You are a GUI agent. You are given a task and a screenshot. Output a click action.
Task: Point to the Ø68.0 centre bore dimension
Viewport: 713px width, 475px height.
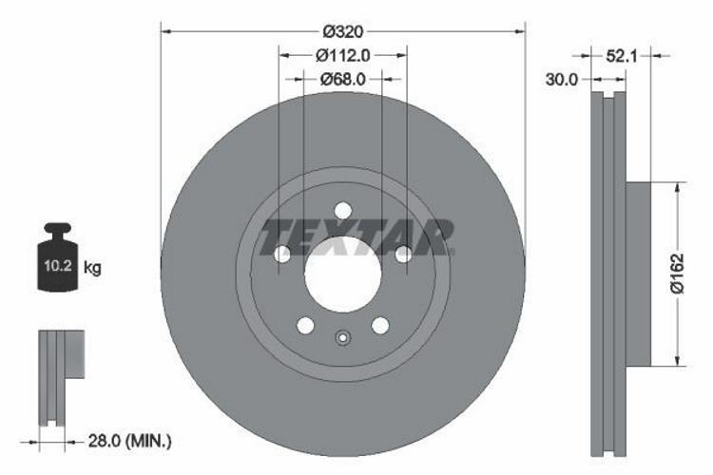pyautogui.click(x=343, y=79)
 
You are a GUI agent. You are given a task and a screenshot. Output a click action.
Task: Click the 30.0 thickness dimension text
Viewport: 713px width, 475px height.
pyautogui.click(x=561, y=80)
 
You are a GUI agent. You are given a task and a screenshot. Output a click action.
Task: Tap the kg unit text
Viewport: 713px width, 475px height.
pyautogui.click(x=92, y=269)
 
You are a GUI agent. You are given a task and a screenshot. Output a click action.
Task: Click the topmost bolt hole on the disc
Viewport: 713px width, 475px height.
pyautogui.click(x=343, y=210)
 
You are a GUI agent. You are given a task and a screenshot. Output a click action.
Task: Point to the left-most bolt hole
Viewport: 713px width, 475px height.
pyautogui.click(x=281, y=254)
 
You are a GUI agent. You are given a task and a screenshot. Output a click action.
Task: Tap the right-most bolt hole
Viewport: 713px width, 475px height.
pyautogui.click(x=403, y=254)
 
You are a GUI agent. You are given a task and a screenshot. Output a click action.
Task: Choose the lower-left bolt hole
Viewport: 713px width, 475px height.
pyautogui.click(x=305, y=326)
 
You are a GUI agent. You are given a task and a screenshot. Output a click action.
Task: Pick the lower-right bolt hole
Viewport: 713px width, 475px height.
pyautogui.click(x=380, y=326)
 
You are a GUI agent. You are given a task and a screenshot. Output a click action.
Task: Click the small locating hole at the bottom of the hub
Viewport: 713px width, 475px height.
pyautogui.click(x=343, y=337)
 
